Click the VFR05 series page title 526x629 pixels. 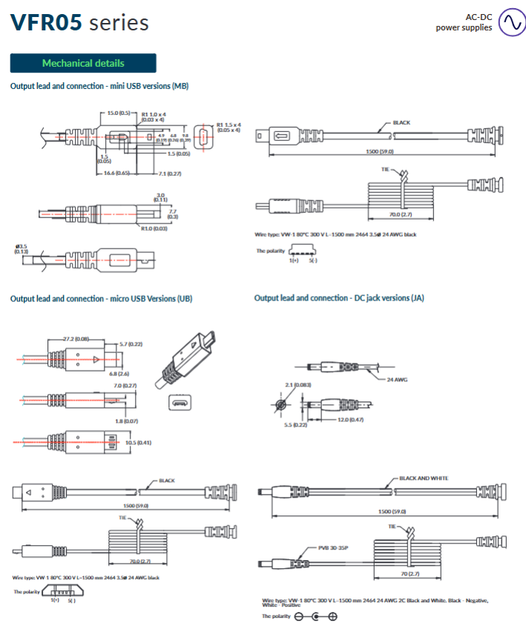coord(79,22)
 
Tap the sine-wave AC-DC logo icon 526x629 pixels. coord(511,22)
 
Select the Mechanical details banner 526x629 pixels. coord(83,63)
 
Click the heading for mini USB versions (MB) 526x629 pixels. coord(99,86)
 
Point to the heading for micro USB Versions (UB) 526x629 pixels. coord(101,298)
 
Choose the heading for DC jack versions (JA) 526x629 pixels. coord(339,297)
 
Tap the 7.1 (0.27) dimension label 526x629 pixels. coord(170,173)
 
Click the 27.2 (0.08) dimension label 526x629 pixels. coord(76,339)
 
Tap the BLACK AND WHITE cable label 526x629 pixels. coord(424,478)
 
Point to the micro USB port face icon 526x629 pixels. coord(179,404)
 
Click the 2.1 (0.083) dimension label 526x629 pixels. coord(298,386)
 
